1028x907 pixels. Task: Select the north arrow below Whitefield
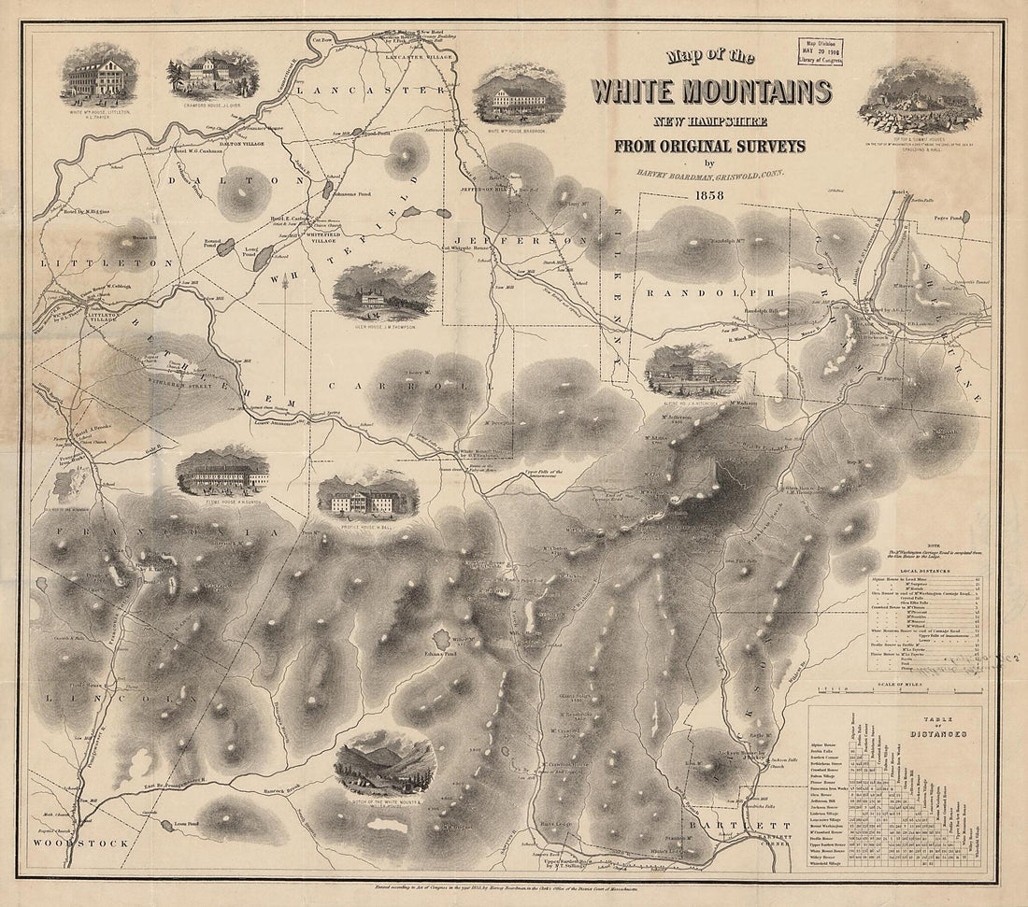[x=286, y=301]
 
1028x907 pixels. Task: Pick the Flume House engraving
[x=222, y=471]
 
